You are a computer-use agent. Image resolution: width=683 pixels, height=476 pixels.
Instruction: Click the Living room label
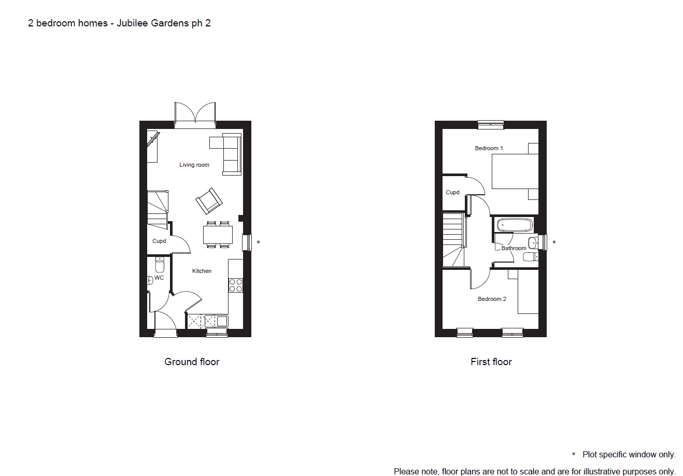(x=194, y=165)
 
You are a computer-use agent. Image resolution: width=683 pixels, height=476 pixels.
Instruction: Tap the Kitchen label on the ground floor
(x=202, y=271)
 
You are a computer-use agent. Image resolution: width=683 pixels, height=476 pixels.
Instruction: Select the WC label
(x=159, y=278)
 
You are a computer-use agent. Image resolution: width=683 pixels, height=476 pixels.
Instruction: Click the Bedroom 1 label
(x=489, y=148)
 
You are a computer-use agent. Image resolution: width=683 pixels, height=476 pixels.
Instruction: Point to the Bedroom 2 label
(x=492, y=299)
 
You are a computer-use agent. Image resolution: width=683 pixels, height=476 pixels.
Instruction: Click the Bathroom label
(x=514, y=248)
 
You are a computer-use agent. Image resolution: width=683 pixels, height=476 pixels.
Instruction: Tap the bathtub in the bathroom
(x=514, y=225)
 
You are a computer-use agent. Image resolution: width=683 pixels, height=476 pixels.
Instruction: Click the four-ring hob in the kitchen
(x=236, y=285)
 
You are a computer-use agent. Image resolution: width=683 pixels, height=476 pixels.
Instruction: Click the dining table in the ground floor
(x=218, y=235)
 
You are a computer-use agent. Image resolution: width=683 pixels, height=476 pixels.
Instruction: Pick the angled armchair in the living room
(x=209, y=201)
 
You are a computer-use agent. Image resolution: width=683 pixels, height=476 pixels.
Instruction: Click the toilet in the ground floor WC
(x=160, y=265)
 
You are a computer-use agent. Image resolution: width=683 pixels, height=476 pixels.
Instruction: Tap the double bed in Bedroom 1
(x=515, y=171)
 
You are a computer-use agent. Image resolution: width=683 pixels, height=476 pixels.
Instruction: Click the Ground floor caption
(x=192, y=362)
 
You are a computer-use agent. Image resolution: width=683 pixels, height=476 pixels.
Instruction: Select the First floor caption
(x=491, y=362)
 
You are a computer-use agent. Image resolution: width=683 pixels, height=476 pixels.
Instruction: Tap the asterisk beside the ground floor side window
(x=259, y=242)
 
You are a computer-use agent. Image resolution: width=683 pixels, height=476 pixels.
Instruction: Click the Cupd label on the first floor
(x=452, y=192)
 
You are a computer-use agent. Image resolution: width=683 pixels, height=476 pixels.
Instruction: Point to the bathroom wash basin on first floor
(x=533, y=243)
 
